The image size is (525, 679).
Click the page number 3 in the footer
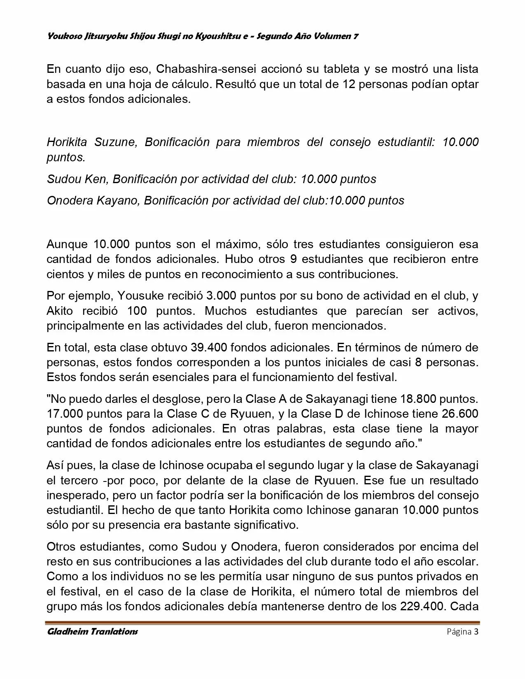(x=476, y=632)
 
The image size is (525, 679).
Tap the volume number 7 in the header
(x=356, y=36)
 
